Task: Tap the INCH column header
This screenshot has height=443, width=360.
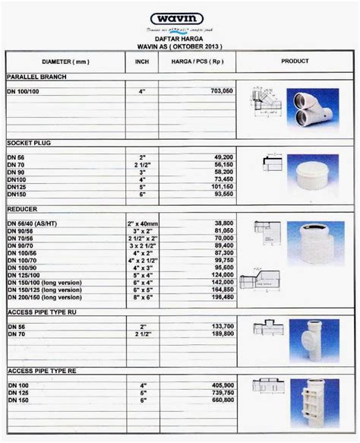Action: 141,60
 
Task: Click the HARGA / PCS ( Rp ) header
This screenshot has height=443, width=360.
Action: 195,60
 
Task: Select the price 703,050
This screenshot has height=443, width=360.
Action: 218,90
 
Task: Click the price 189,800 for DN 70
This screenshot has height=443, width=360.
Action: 218,332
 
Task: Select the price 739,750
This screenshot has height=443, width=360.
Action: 218,392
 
